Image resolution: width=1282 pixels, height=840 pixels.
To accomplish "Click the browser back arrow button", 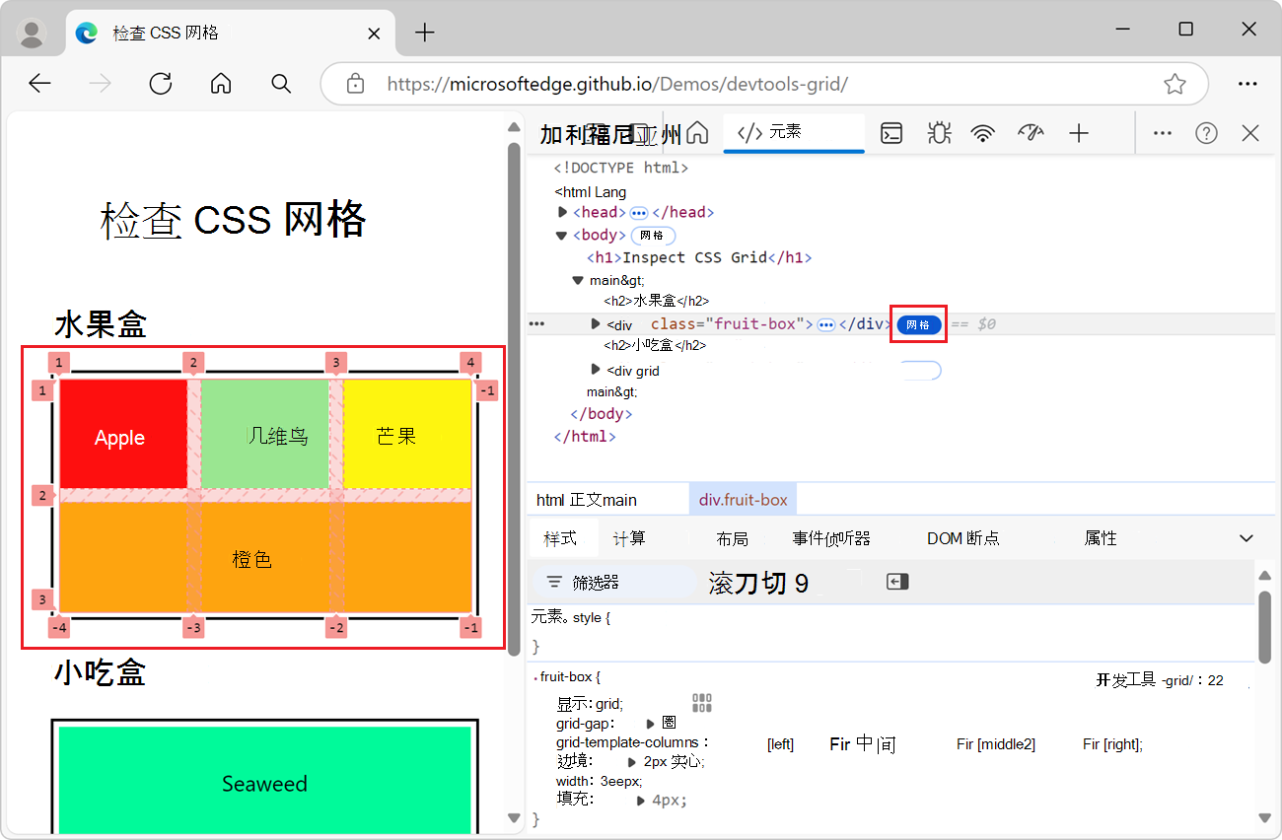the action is point(39,84).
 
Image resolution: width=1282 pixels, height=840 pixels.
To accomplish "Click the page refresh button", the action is point(161,84).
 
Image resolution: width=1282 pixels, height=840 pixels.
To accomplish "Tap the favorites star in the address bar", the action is point(1175,84).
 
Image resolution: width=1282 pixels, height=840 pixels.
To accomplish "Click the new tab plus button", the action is point(424,33).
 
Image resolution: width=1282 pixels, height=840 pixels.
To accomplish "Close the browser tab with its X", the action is point(374,33).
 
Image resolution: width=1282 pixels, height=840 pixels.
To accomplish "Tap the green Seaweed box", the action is point(264,784).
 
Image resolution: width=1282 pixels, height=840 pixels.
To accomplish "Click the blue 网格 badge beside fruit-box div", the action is point(918,324).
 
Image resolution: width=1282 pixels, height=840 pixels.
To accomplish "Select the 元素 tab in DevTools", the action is point(784,133).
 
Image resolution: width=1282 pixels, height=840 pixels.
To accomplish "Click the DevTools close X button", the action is point(1250,133).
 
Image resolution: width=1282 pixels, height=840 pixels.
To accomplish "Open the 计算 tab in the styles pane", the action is point(629,538).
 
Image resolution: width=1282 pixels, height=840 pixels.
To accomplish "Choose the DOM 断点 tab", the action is point(962,538).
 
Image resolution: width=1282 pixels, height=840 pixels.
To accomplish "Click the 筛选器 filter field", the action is point(611,583).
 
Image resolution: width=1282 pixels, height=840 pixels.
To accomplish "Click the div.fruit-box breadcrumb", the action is point(743,500).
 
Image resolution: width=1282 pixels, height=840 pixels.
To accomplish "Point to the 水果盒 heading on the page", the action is point(101,324).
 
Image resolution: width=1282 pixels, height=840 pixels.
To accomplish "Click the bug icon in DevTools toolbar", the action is point(939,133).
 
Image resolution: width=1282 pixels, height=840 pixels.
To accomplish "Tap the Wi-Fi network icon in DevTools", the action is point(982,133).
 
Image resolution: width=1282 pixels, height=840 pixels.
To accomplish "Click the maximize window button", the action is point(1186,30).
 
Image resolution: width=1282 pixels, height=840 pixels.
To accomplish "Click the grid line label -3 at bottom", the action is point(193,628).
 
